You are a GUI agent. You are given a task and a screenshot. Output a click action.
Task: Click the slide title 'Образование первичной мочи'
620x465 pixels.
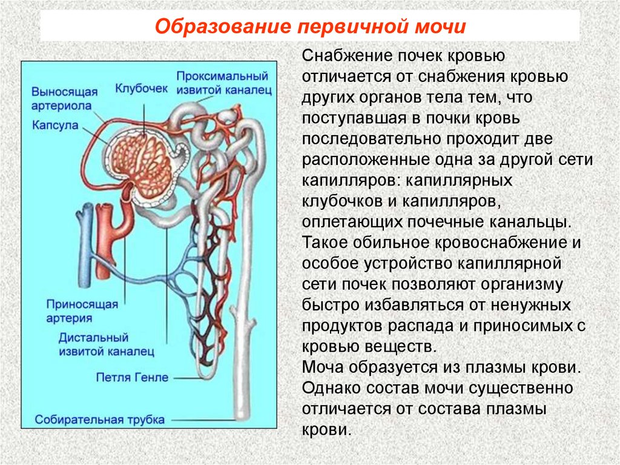point(309,27)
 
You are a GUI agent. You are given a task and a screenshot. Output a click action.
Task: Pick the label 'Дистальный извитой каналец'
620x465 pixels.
point(105,343)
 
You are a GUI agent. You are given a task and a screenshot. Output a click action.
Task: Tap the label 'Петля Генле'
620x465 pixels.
point(132,377)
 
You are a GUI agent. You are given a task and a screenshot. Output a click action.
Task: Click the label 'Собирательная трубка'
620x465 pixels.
point(100,419)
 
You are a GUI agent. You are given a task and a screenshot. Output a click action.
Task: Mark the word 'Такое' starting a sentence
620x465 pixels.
point(323,243)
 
